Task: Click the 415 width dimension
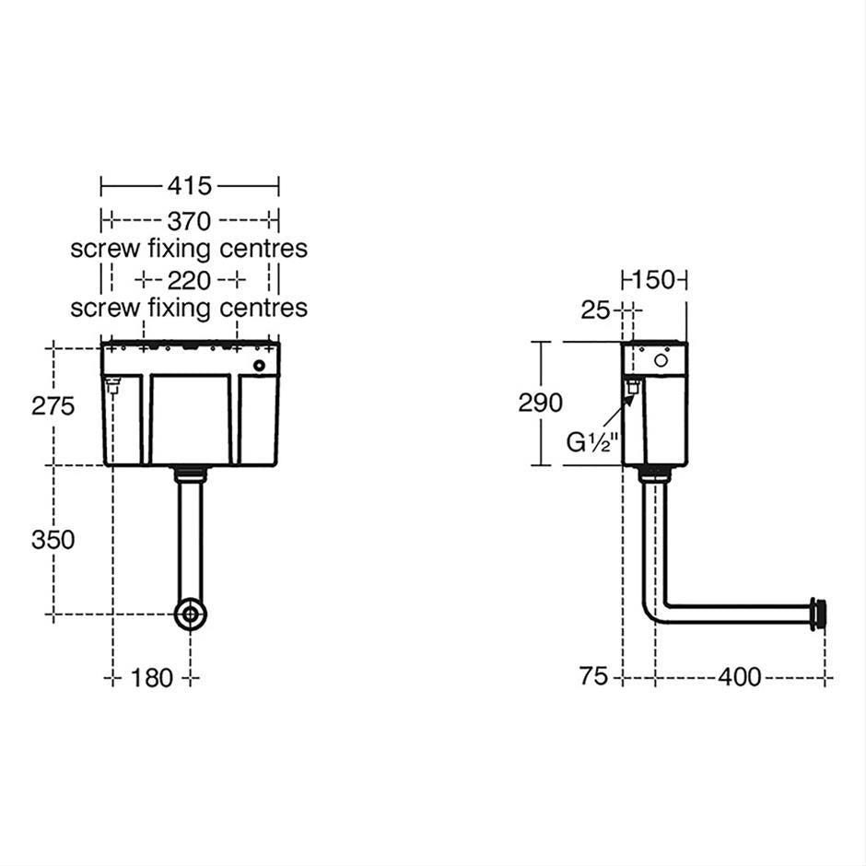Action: pyautogui.click(x=190, y=186)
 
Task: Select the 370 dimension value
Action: pyautogui.click(x=190, y=221)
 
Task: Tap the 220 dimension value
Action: pyautogui.click(x=190, y=279)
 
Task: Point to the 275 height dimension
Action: pyautogui.click(x=53, y=406)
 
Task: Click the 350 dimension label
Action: pyautogui.click(x=53, y=540)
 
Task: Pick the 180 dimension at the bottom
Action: pyautogui.click(x=151, y=678)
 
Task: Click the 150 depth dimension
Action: pyautogui.click(x=655, y=279)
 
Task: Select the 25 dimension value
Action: pyautogui.click(x=596, y=310)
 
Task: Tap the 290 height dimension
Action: pyautogui.click(x=540, y=403)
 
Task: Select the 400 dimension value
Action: pyautogui.click(x=739, y=677)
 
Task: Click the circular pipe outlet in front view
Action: pyautogui.click(x=191, y=614)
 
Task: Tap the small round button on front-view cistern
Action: pyautogui.click(x=259, y=367)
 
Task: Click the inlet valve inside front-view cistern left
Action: pyautogui.click(x=115, y=387)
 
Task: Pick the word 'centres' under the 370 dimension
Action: pyautogui.click(x=263, y=249)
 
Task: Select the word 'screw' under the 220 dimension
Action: pyautogui.click(x=105, y=307)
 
